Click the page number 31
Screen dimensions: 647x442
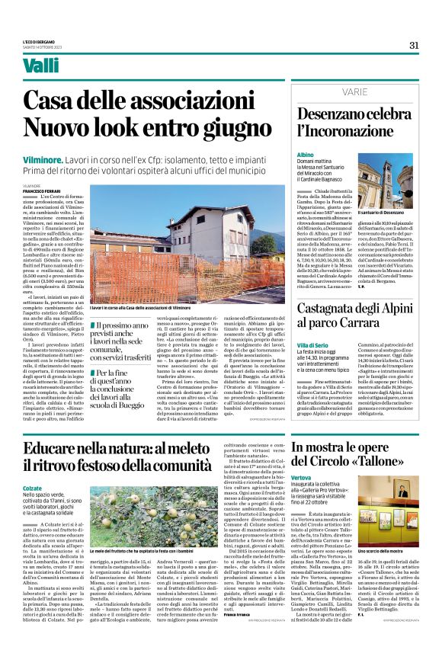414,45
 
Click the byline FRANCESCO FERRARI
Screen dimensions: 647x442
43,191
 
